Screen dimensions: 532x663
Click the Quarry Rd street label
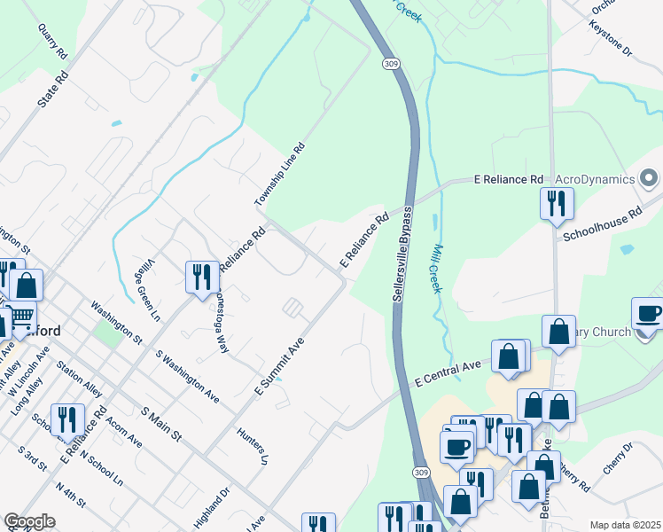pos(53,41)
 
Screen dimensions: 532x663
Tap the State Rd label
pos(51,90)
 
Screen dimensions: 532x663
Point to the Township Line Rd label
pos(280,175)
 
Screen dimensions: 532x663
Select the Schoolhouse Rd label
pos(602,225)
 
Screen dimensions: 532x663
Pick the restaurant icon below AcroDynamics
pos(557,203)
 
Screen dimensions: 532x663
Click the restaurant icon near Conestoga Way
pos(200,277)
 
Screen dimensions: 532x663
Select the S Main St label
pos(161,424)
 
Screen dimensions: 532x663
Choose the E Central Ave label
pos(448,372)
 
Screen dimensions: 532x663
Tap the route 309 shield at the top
pos(391,64)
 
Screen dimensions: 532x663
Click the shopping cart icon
pos(20,316)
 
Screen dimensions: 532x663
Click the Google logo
pos(29,521)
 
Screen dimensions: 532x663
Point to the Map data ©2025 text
pos(625,525)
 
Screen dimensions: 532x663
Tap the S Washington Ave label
pos(187,376)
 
